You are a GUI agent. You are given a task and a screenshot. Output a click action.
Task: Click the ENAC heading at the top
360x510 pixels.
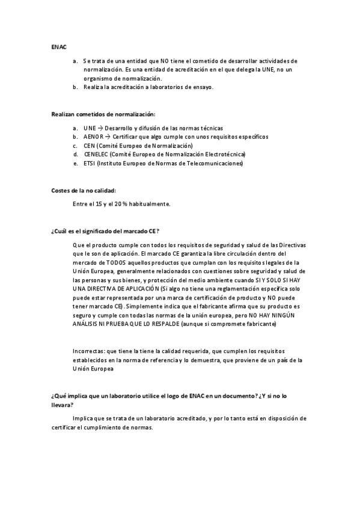tap(59, 46)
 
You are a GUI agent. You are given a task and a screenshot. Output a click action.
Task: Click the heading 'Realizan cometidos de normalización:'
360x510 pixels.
tap(103, 114)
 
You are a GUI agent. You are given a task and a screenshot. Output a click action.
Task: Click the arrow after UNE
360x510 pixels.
tap(100, 128)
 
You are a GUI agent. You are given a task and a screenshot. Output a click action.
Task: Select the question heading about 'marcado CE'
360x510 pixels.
tap(109, 232)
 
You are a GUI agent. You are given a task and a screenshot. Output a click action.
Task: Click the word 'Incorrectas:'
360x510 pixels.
tap(87, 351)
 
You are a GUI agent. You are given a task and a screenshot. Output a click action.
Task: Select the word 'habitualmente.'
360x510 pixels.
tap(149, 204)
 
